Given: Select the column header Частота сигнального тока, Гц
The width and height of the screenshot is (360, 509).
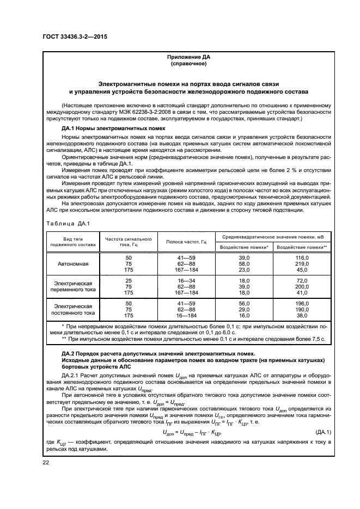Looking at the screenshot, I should point(128,241).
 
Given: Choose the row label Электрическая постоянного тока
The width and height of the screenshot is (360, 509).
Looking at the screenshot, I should point(73,309).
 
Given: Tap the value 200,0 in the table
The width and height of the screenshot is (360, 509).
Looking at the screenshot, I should point(302,286).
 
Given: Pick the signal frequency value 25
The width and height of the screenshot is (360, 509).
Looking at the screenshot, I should point(129,280).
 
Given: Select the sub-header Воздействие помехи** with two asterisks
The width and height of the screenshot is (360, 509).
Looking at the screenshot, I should point(302,247).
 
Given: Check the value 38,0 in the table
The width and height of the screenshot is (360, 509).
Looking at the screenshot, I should point(302,315).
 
